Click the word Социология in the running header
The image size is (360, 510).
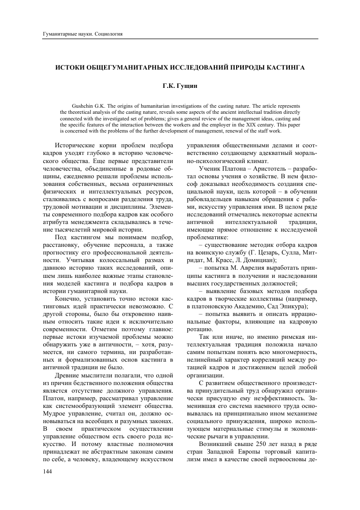[110, 34]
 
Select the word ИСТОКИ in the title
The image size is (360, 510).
[70, 67]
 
